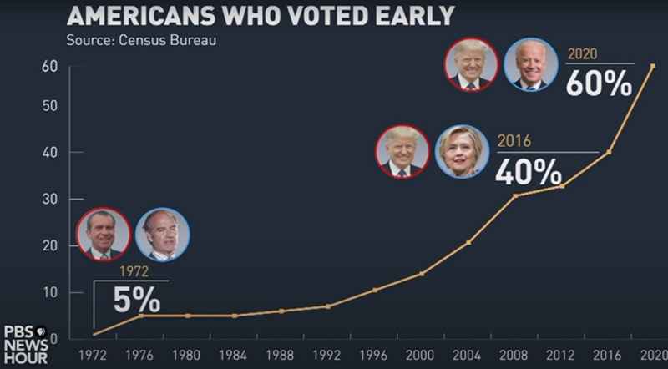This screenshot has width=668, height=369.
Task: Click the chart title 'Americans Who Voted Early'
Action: (x=260, y=15)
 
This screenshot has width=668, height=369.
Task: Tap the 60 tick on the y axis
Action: (x=49, y=67)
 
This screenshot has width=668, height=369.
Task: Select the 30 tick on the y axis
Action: (x=49, y=199)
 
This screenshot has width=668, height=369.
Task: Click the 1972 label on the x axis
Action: (x=94, y=355)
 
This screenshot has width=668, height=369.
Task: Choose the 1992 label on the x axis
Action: (x=327, y=355)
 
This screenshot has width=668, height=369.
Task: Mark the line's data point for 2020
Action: (x=653, y=65)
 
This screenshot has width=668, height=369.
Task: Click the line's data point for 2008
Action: (x=514, y=196)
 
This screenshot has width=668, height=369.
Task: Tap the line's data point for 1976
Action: (x=141, y=315)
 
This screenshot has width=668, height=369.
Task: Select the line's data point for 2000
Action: (x=422, y=274)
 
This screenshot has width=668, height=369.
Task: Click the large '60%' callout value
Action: (x=599, y=83)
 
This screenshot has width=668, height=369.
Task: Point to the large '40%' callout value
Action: (x=529, y=171)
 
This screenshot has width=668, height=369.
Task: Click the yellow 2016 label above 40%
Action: (x=514, y=141)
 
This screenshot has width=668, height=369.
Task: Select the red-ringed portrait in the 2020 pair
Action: (x=472, y=64)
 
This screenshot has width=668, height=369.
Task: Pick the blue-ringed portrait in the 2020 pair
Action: (x=530, y=64)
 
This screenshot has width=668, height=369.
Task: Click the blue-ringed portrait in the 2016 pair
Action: (x=462, y=151)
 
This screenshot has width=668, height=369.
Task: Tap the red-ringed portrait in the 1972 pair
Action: (x=103, y=235)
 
